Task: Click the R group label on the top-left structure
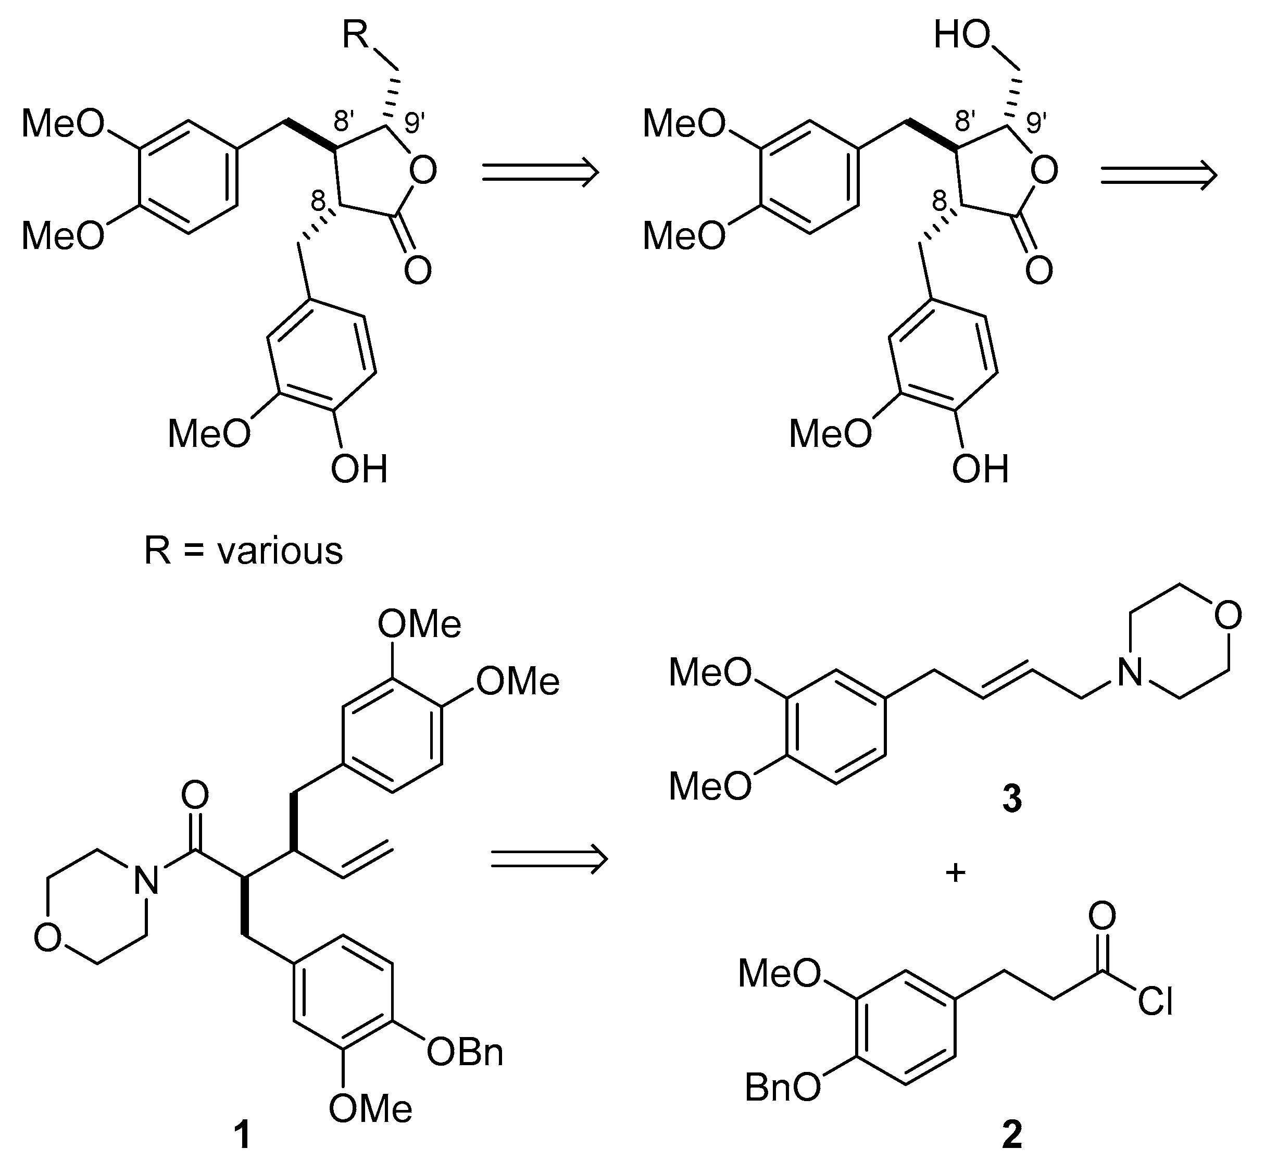coord(356,36)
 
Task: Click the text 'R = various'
coord(243,551)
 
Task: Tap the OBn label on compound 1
coord(465,1053)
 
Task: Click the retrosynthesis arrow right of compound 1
coord(549,859)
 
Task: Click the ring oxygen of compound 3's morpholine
coord(1229,616)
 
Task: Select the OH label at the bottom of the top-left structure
coord(359,470)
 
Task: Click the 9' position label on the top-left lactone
coord(412,123)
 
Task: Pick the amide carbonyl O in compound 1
coord(195,796)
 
